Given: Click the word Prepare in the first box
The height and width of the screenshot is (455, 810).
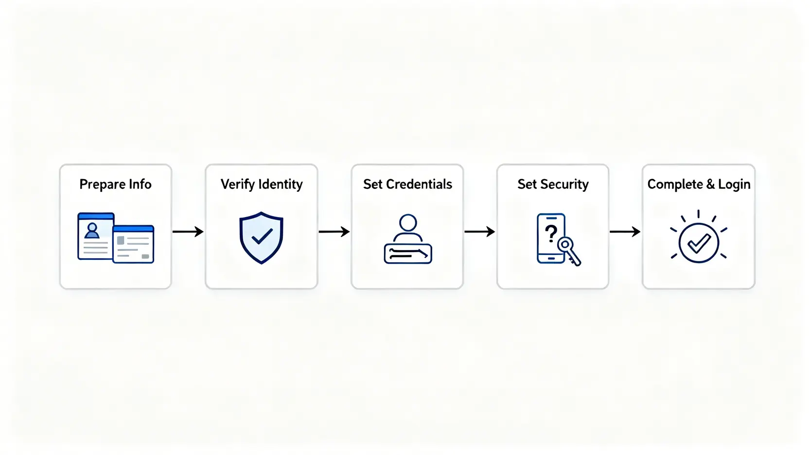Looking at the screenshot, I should [102, 185].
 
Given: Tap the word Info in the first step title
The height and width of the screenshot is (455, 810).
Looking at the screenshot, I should [140, 185].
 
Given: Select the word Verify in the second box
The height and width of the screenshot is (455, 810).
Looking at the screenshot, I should [238, 185].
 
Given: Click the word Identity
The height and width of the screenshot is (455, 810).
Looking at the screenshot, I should [281, 185].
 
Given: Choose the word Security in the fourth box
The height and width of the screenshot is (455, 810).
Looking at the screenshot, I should [564, 185].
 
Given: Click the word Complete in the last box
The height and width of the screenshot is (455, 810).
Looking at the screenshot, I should [675, 185].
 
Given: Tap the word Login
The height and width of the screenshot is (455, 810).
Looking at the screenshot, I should [734, 185].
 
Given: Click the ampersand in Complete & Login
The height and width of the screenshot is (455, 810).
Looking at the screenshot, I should [710, 185].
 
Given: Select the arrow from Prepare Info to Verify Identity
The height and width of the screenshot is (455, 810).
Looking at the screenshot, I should [188, 232].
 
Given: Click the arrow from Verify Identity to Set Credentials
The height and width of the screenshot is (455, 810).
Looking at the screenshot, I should [334, 232].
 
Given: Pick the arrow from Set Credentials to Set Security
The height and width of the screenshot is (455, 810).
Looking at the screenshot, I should [479, 232].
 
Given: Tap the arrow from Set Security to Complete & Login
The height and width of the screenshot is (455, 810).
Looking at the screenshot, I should [625, 232].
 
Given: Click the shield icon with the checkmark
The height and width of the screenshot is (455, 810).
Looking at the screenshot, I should [261, 237].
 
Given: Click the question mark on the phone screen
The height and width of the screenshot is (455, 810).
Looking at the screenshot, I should [551, 234].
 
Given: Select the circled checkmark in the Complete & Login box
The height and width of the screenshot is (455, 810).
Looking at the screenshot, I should [699, 243].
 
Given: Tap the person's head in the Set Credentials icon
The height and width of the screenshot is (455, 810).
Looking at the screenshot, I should [408, 223].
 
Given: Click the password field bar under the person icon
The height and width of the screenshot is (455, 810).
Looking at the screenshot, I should [408, 254].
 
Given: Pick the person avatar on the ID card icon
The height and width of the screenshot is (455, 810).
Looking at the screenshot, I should [92, 230].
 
